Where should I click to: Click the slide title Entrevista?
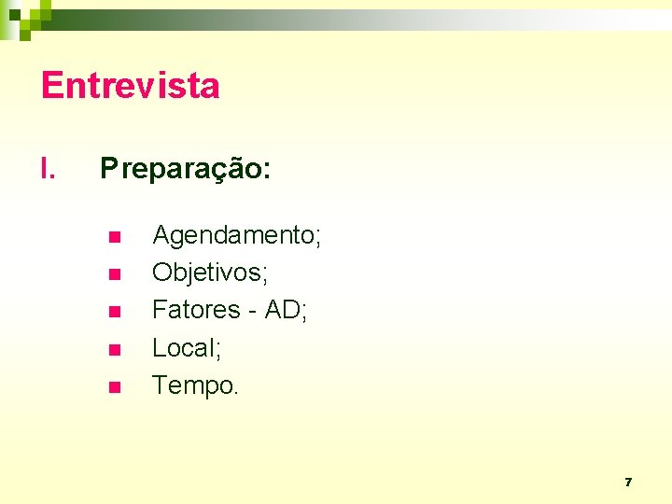tap(131, 86)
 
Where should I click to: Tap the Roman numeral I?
tap(49, 169)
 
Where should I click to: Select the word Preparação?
tap(186, 169)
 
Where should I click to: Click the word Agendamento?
tap(237, 235)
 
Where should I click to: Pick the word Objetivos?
tap(210, 273)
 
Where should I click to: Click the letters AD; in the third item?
tap(287, 309)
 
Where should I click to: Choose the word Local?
tap(187, 347)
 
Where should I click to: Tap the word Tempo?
tap(193, 385)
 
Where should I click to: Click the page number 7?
tap(628, 483)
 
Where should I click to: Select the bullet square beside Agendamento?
tap(114, 237)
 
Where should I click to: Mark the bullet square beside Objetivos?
tap(114, 274)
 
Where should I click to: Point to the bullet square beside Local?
tap(114, 349)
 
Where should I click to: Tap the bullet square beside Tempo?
tap(114, 386)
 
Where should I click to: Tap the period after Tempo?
tap(236, 393)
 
